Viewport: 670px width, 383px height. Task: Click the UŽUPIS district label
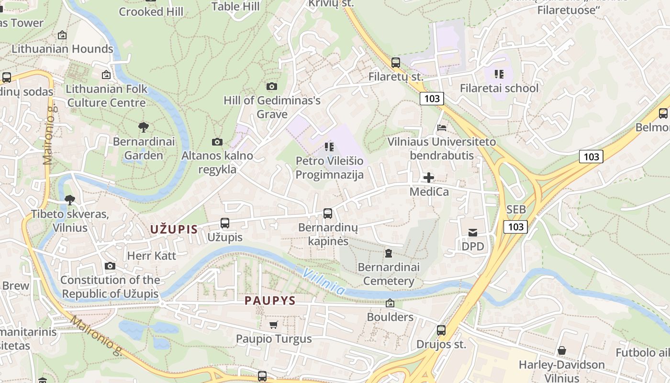pos(174,229)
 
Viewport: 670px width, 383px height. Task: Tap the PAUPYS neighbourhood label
pos(270,301)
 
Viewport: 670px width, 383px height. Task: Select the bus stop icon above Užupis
pos(225,223)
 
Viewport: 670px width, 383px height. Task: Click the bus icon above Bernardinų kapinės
pos(328,214)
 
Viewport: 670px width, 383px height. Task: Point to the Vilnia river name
pos(324,281)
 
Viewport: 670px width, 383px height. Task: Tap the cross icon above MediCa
pos(429,178)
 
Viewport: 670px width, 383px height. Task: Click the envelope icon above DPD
pos(473,233)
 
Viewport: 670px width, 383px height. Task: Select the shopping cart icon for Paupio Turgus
pos(273,325)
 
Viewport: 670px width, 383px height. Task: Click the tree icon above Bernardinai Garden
pos(143,127)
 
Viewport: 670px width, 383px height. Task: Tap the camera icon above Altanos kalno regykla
pos(217,142)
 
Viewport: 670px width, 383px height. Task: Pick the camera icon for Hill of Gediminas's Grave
pos(272,86)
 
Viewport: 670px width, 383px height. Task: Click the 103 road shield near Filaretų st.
pos(432,99)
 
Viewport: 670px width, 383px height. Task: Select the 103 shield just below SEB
pos(515,226)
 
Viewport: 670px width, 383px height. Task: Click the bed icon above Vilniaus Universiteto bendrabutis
pos(442,128)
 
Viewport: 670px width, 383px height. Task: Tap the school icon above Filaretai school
pos(499,74)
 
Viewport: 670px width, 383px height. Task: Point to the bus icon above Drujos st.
pos(441,330)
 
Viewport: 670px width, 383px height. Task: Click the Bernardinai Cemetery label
pos(388,274)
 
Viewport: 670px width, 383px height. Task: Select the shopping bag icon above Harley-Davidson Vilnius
pos(562,351)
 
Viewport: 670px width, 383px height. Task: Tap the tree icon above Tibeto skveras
pos(70,200)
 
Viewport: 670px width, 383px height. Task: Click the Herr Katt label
pos(152,256)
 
